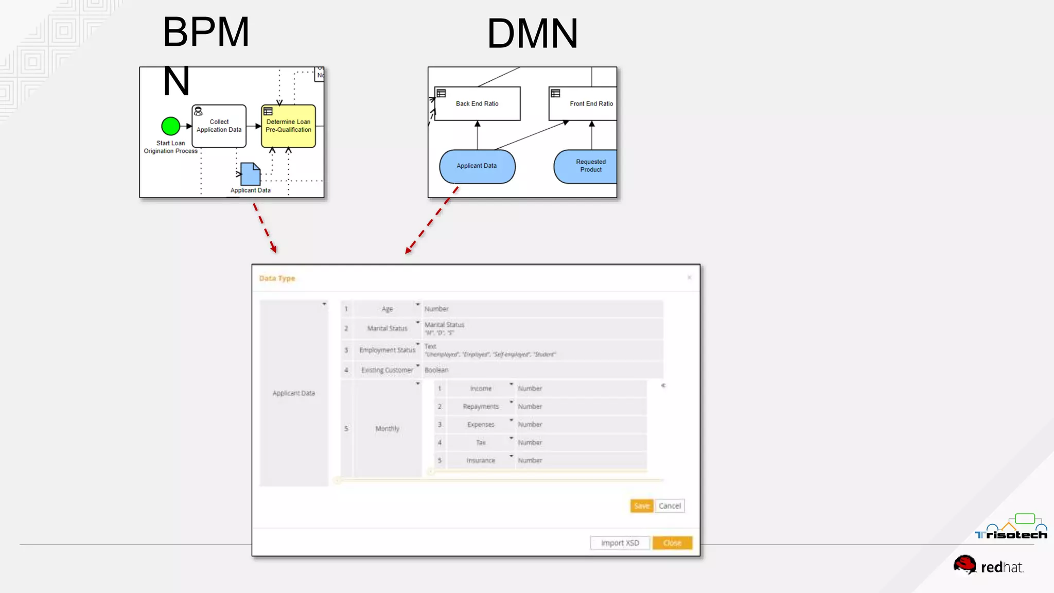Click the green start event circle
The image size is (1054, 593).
tap(170, 126)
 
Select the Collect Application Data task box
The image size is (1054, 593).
tap(219, 126)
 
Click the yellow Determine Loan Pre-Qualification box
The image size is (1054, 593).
tap(288, 126)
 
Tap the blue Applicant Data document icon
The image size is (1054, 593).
tap(251, 174)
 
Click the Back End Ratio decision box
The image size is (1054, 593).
tap(477, 103)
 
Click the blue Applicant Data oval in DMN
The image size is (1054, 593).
tap(477, 166)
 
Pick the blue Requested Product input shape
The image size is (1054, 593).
tap(587, 166)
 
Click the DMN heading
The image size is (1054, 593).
tap(532, 33)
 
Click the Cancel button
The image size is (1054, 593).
tap(670, 506)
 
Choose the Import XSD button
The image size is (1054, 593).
tap(620, 543)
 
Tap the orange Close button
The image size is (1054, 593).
tap(672, 543)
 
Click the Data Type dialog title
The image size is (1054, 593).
tap(277, 278)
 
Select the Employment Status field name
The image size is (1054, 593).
tap(387, 350)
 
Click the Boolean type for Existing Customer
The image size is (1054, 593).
tap(436, 370)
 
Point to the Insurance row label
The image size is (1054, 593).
tap(481, 461)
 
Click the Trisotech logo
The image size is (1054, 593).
tap(1011, 528)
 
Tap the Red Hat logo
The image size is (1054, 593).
tap(988, 565)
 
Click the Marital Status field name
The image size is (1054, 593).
tap(387, 328)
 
